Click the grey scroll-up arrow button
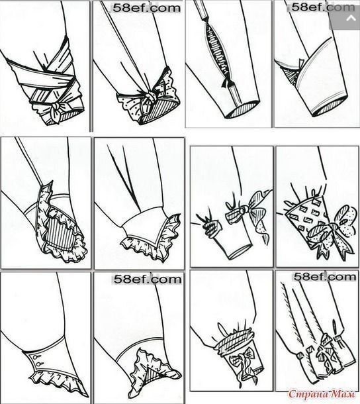[351, 19]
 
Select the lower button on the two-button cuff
[38, 364]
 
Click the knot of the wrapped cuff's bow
[55, 106]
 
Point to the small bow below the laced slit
[228, 83]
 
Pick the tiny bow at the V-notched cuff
[300, 64]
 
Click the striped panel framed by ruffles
[58, 234]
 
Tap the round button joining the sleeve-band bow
[243, 210]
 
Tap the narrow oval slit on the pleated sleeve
[335, 327]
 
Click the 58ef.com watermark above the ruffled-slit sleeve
[148, 279]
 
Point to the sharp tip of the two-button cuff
[88, 397]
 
